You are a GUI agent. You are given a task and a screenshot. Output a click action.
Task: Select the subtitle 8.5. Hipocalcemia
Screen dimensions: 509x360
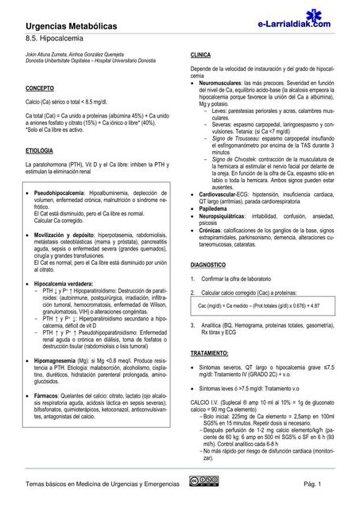tap(53, 38)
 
